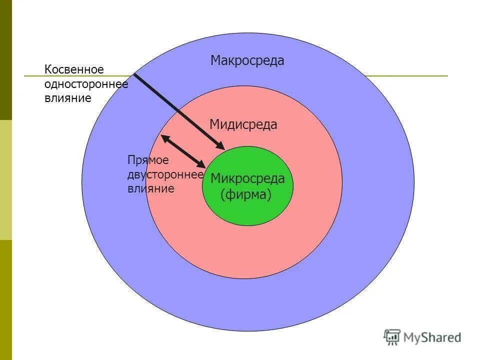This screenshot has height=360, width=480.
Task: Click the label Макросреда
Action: point(247,61)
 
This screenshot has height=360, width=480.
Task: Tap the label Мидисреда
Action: point(243,124)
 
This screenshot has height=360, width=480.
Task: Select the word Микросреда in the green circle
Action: point(247,178)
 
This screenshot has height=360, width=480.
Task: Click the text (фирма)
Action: point(246,194)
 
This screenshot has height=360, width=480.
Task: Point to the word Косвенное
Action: point(73,70)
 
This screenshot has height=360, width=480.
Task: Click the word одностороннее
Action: point(86,84)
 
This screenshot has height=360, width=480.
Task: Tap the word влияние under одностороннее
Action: point(67,98)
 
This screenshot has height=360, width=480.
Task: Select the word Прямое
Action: point(148,160)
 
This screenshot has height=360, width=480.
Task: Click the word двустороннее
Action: point(165,174)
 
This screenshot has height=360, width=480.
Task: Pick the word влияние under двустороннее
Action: point(150,188)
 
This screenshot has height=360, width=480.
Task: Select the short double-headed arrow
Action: point(183,150)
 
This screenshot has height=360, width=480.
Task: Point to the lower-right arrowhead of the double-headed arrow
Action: point(202,164)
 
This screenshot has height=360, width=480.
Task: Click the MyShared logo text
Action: point(432,337)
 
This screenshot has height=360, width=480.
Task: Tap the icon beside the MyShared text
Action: point(392,337)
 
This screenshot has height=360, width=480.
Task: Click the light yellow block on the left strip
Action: point(5,180)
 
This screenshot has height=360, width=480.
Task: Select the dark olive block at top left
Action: point(5,60)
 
